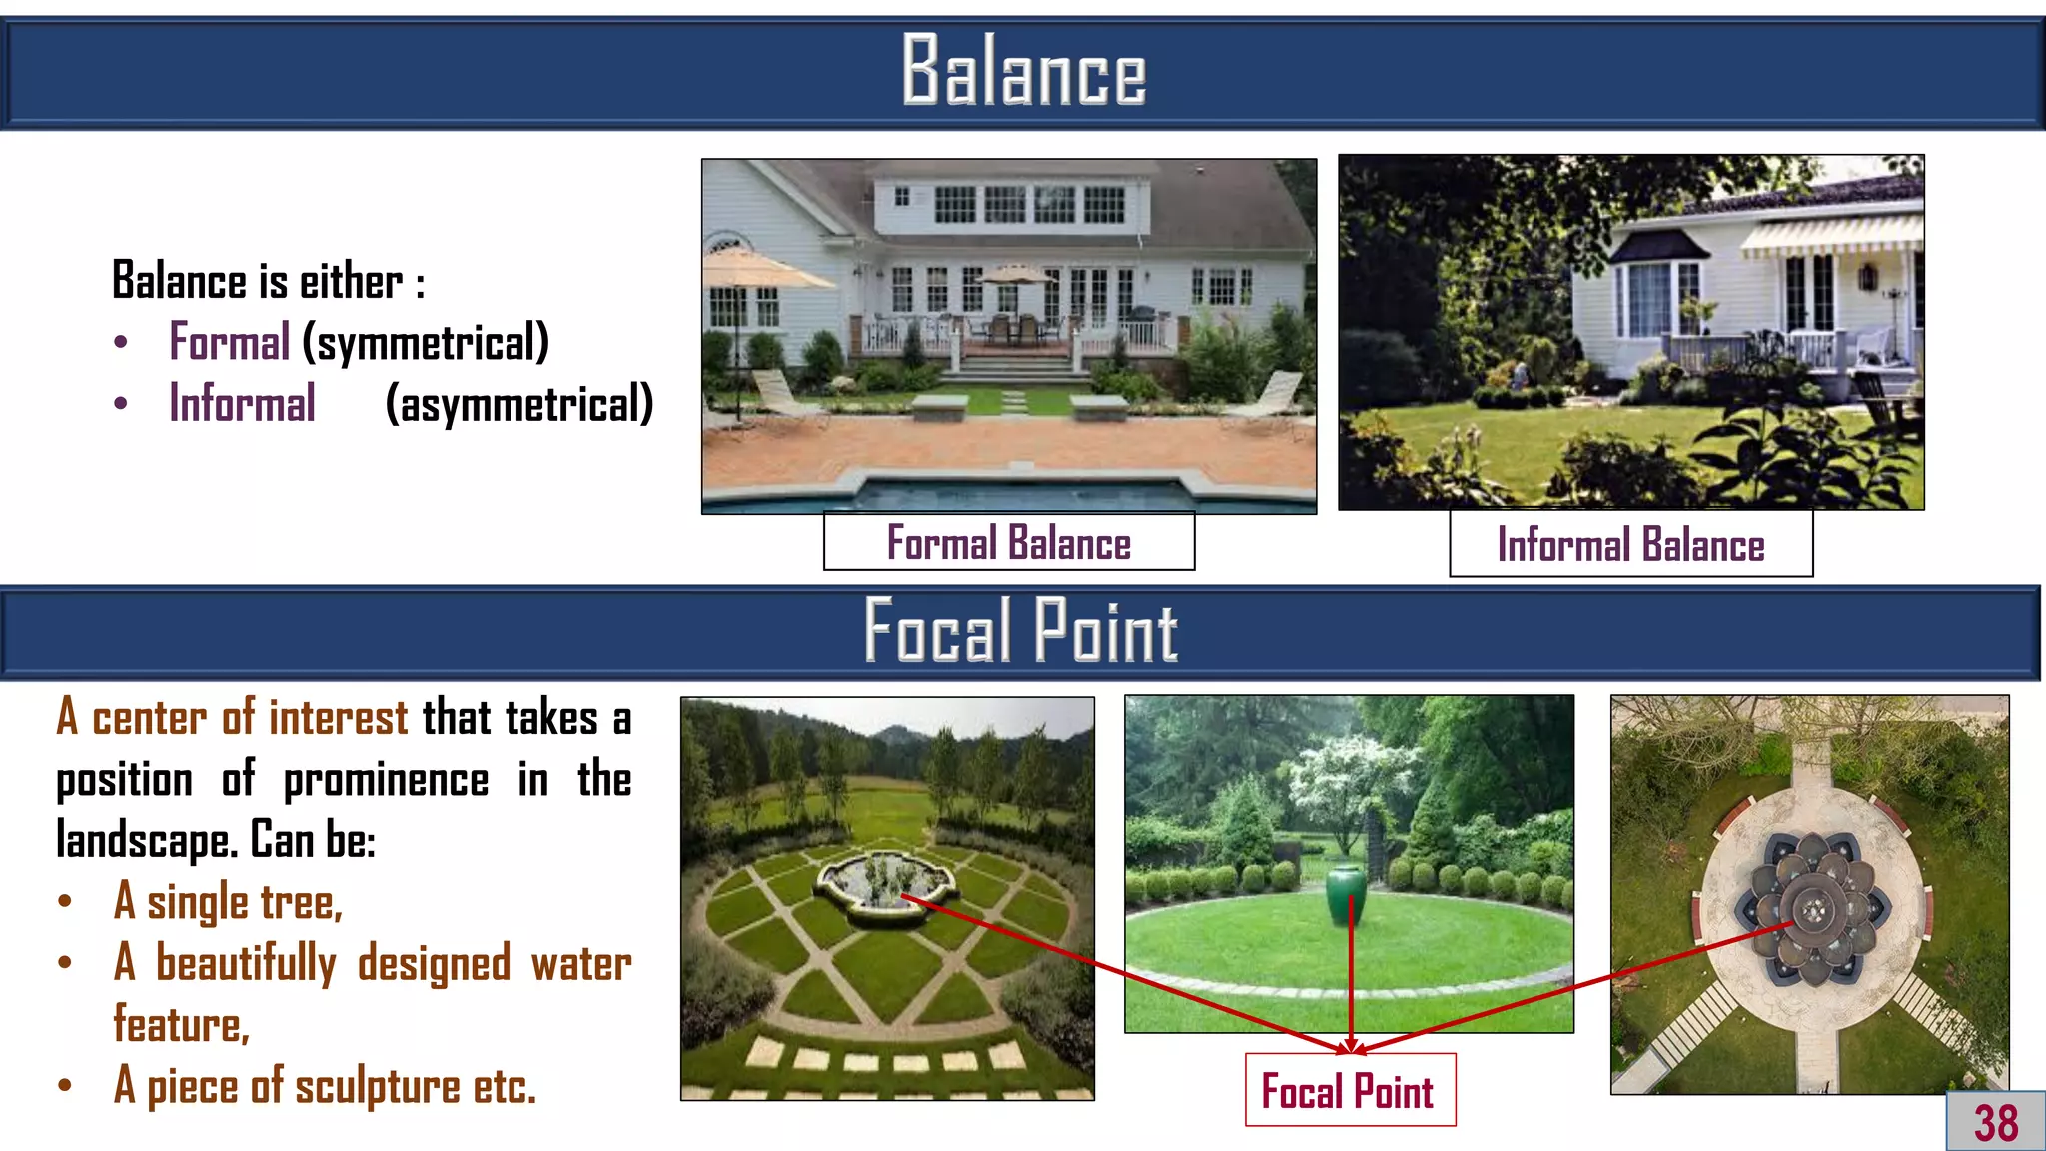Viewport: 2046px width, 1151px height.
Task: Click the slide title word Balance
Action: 1023,70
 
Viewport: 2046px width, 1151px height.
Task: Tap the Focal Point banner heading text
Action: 1020,631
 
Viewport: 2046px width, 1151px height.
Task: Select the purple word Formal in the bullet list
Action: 229,342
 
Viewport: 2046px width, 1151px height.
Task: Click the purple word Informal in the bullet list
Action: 242,404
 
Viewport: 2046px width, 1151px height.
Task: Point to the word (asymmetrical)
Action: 519,405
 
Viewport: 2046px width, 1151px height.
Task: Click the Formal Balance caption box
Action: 1008,543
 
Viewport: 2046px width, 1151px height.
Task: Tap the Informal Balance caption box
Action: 1630,545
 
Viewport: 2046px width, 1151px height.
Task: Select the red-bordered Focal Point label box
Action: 1349,1091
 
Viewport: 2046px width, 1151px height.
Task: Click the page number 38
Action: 1996,1123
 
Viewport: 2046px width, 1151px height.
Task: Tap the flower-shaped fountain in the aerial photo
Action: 1811,907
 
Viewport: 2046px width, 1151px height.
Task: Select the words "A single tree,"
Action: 228,902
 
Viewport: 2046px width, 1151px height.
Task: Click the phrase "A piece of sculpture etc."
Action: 325,1086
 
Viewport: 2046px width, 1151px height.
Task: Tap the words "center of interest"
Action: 249,718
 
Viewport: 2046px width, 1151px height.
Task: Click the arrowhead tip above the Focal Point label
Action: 1351,1049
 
